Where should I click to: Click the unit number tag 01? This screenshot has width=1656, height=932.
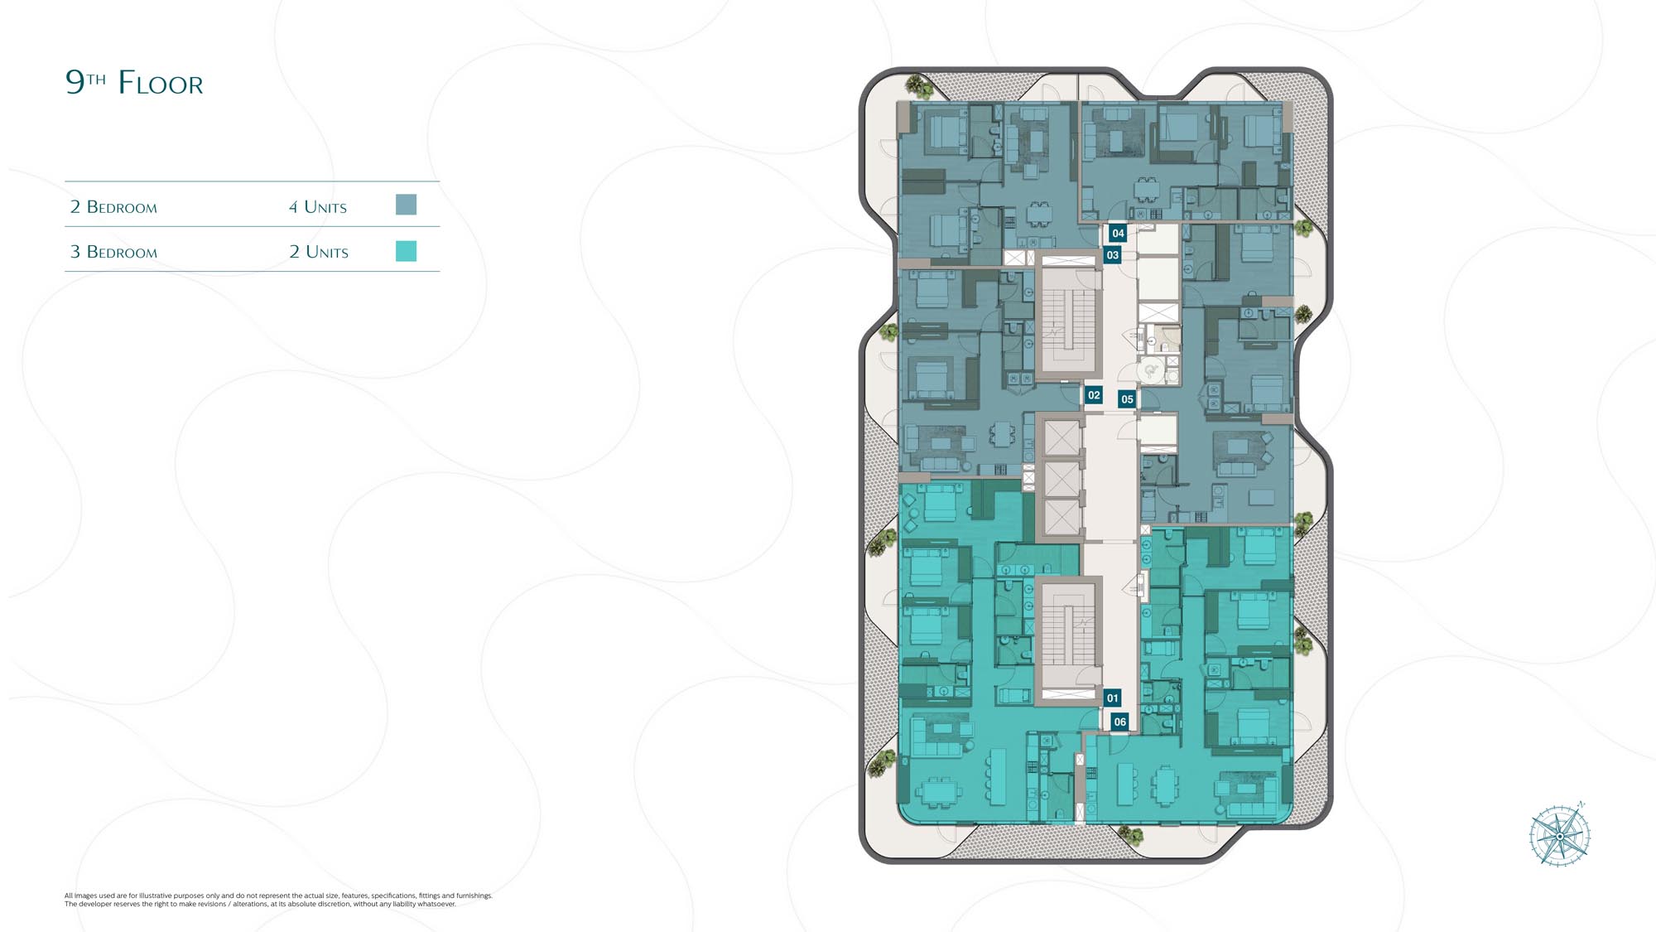1112,698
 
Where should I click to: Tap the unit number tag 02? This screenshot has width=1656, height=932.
1094,395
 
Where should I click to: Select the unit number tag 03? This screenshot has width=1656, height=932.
1113,255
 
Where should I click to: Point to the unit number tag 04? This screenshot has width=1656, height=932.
1118,234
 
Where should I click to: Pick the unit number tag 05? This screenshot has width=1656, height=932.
1127,399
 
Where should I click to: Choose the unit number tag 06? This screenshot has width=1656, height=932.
1119,722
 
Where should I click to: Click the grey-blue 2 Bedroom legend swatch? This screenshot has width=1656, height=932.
406,205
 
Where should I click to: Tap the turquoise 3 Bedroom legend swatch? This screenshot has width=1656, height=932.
406,251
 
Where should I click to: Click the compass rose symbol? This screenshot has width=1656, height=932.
1559,835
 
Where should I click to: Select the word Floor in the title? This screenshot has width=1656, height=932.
161,83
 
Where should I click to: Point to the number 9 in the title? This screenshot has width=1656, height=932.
75,82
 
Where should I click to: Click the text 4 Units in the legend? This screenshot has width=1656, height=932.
318,207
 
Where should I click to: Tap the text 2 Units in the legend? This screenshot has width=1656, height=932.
319,252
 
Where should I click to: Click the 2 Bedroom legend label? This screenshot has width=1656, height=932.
113,207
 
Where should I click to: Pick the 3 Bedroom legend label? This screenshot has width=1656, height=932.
113,252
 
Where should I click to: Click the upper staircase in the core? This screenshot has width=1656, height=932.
1068,319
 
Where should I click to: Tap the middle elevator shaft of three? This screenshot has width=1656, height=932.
1061,479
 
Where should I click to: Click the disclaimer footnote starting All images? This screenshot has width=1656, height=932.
278,900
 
